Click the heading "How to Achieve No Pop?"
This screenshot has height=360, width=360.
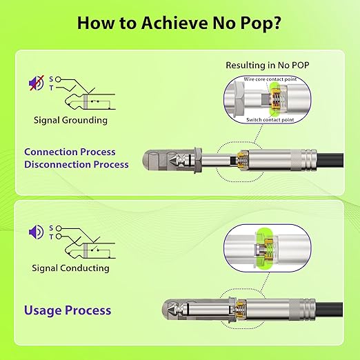[179, 23]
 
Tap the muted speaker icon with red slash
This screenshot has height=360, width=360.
[37, 83]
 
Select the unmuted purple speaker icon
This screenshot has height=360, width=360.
[36, 232]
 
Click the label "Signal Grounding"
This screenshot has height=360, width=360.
[70, 120]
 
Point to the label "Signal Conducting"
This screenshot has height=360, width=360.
[70, 268]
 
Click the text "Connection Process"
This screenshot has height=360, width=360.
[70, 152]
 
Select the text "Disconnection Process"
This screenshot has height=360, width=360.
[77, 165]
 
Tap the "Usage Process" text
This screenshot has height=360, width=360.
[68, 310]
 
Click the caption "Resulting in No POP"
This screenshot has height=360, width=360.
[268, 65]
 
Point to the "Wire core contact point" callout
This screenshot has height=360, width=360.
[270, 79]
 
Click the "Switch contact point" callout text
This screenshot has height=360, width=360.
[270, 120]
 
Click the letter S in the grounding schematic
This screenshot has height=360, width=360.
[51, 79]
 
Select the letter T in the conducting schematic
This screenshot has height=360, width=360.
[51, 237]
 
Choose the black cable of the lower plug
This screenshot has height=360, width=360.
[329, 310]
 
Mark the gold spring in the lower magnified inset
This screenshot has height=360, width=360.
[268, 250]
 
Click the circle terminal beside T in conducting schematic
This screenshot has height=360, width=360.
[59, 237]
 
